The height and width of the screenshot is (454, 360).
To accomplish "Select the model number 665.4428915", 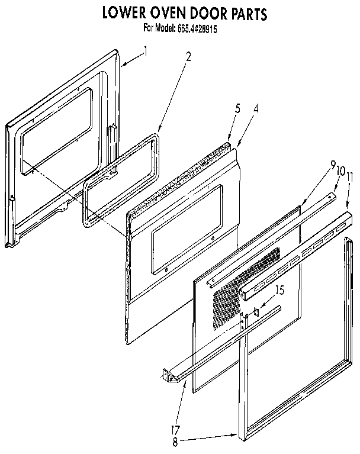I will [197, 27].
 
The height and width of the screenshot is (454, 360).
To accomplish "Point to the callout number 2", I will [188, 57].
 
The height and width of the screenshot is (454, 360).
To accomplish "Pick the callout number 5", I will [237, 108].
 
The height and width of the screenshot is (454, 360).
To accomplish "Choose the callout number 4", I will [256, 108].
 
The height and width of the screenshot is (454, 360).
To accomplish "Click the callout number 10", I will [341, 172].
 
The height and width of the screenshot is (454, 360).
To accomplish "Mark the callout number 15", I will [280, 291].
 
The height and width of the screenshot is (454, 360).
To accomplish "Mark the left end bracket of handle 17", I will [169, 375].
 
